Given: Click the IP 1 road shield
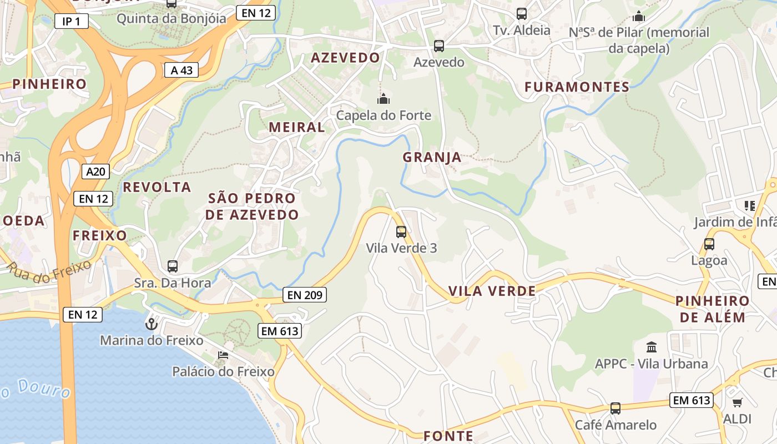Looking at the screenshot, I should tap(71, 22).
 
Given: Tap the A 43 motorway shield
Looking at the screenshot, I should tap(181, 70).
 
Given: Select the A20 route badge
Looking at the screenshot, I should tap(95, 171).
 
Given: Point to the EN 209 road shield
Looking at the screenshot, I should tap(304, 295).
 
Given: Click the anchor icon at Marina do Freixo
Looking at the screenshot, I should tap(151, 324).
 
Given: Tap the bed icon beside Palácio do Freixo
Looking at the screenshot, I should tap(223, 355).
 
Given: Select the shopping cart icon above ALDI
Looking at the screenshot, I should tap(737, 402).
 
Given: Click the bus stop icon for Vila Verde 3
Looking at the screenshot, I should tap(401, 232).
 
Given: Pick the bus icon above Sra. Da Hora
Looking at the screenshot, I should tap(173, 266).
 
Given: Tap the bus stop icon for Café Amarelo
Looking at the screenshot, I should tap(615, 408).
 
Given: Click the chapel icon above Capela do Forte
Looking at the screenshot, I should tap(384, 99).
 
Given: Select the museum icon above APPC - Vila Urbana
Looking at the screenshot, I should tap(652, 347).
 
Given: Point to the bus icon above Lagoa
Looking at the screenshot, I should tap(709, 244).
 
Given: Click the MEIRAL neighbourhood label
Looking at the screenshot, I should tap(297, 127).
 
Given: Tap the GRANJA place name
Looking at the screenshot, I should tap(432, 157).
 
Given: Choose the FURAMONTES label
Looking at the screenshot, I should tap(577, 87).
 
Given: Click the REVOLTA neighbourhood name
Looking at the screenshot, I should tap(157, 187).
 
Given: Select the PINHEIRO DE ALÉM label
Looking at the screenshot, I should tap(713, 309).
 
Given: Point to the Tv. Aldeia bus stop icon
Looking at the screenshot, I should tap(522, 14).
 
